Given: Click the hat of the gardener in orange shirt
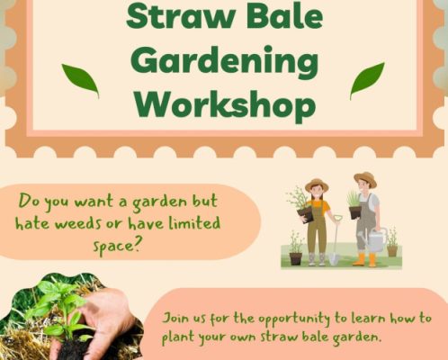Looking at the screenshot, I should click(317, 184).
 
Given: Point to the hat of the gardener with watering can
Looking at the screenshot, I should click(365, 178).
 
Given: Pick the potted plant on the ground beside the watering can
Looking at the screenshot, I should click(392, 242).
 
